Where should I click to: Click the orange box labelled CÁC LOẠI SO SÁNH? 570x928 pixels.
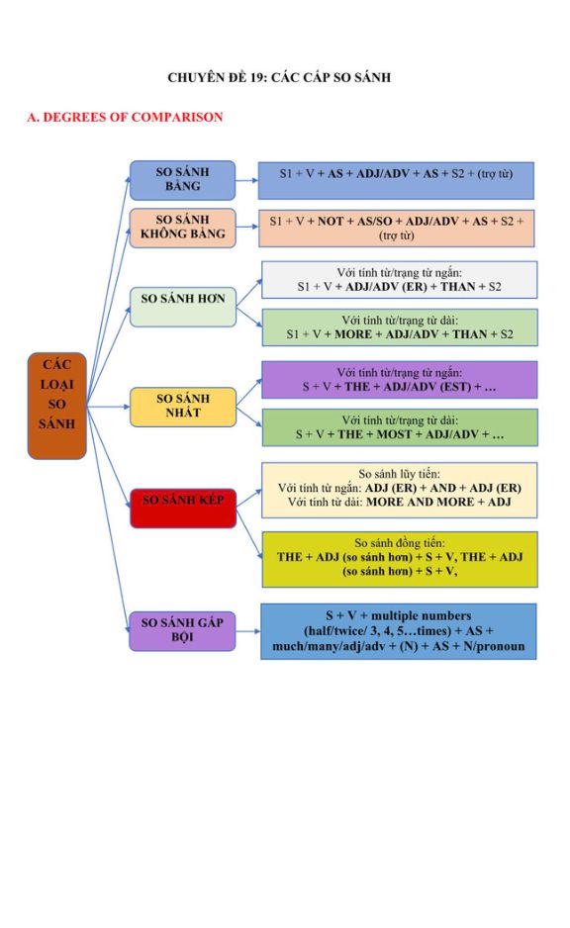[x=56, y=406]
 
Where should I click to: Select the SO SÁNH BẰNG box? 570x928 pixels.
[x=182, y=180]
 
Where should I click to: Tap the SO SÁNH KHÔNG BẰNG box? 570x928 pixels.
[x=182, y=228]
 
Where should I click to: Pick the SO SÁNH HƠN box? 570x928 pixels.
[x=183, y=307]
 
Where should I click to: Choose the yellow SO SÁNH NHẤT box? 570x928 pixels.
[x=183, y=407]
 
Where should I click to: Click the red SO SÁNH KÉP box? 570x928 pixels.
[x=183, y=508]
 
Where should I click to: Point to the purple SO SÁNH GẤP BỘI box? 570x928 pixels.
[x=182, y=631]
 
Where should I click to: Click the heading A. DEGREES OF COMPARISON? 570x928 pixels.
[x=125, y=117]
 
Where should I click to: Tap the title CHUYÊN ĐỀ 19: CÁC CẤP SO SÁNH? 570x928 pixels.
[x=279, y=77]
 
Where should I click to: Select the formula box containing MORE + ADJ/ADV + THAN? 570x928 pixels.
[x=400, y=327]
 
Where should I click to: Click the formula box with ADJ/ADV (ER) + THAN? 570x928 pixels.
[x=400, y=279]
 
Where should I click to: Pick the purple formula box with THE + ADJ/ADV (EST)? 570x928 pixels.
[x=400, y=380]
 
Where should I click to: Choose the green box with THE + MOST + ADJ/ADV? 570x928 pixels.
[x=400, y=427]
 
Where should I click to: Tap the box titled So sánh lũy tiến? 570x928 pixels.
[x=400, y=491]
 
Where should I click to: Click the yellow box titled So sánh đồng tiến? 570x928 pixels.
[x=400, y=559]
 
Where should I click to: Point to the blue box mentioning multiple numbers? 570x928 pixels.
[x=399, y=631]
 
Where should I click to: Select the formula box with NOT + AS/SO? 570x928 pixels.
[x=397, y=228]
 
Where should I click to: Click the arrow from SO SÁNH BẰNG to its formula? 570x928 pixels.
[x=246, y=180]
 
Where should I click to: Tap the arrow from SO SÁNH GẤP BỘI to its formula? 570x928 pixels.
[x=248, y=631]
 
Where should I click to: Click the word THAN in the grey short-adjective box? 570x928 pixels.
[x=458, y=287]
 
